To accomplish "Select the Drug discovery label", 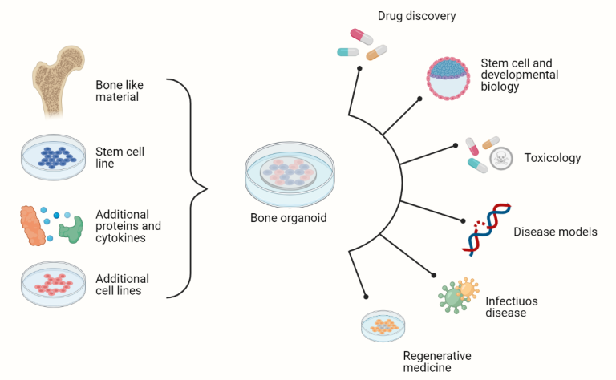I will [x=416, y=16].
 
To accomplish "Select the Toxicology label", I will [x=552, y=158].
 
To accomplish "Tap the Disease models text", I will [x=555, y=232].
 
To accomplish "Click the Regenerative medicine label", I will [x=436, y=361].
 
